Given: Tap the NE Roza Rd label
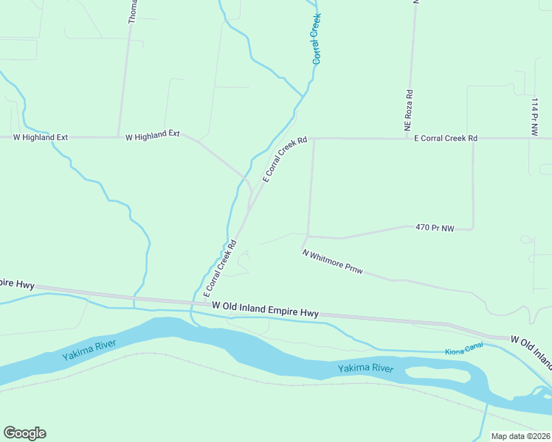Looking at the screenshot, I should tap(408, 112).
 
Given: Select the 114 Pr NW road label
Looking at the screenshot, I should tap(534, 116).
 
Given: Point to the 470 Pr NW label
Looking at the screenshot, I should tap(434, 228).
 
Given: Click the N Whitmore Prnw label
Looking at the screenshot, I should tap(333, 262).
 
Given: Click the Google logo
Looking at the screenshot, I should tap(24, 433).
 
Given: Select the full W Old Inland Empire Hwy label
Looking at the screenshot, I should tap(265, 309).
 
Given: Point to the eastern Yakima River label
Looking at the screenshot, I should tap(365, 368).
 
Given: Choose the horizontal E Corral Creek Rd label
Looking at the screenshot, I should tap(445, 138).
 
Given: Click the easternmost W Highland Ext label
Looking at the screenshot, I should tap(153, 136).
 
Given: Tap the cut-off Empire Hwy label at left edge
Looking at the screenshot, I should tap(17, 284).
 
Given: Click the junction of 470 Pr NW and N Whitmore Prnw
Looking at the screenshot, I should tap(306, 236).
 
